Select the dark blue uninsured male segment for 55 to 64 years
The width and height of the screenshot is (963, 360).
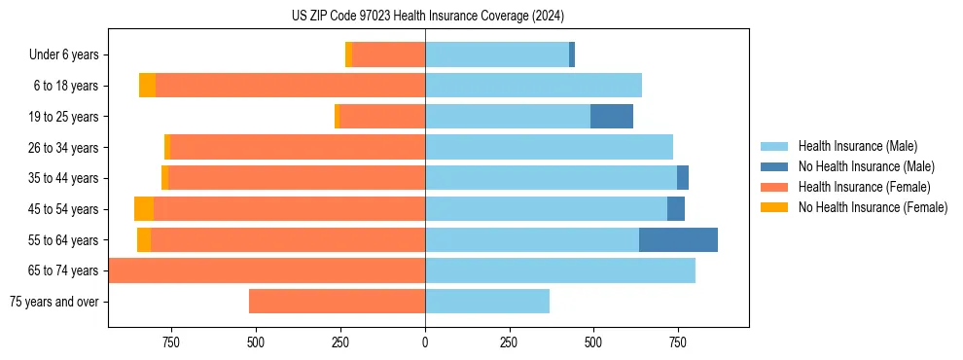coord(678,239)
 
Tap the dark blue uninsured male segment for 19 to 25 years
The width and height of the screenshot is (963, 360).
coord(612,116)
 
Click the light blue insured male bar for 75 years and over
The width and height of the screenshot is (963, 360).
coord(487,302)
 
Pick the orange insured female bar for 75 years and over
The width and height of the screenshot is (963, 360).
coord(337,302)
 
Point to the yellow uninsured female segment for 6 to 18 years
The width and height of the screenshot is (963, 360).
coord(147,86)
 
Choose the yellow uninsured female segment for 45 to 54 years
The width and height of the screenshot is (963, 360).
coord(144,208)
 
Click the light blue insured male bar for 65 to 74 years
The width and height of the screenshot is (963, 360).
coord(560,270)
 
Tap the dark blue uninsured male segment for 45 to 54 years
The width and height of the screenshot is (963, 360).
coord(676,208)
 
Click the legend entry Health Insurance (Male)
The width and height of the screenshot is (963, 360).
coord(857,146)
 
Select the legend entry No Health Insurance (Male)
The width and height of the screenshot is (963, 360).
coord(866,166)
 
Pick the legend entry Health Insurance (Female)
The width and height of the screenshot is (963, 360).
coord(864,187)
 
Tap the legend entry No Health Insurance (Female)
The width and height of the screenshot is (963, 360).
coord(873,207)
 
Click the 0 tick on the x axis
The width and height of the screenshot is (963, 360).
coord(425,342)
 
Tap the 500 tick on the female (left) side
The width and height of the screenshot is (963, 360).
coord(256,342)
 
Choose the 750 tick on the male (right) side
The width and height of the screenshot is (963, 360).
coord(678,342)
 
